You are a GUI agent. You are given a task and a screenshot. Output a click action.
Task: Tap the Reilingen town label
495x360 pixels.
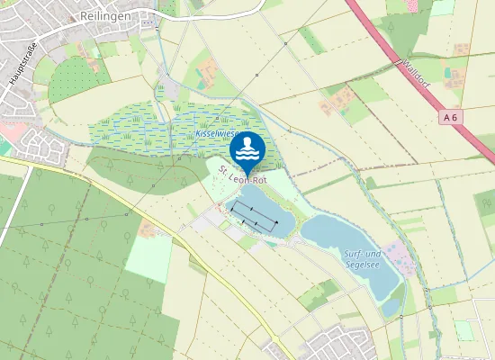104,16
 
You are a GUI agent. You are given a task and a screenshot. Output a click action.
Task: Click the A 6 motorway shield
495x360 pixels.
451,118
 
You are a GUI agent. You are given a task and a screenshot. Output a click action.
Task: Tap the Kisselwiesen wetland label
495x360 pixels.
216,133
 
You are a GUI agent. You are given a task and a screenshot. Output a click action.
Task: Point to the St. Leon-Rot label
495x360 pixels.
243,178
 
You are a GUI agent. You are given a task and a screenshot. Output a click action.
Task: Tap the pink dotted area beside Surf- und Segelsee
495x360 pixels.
396,256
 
